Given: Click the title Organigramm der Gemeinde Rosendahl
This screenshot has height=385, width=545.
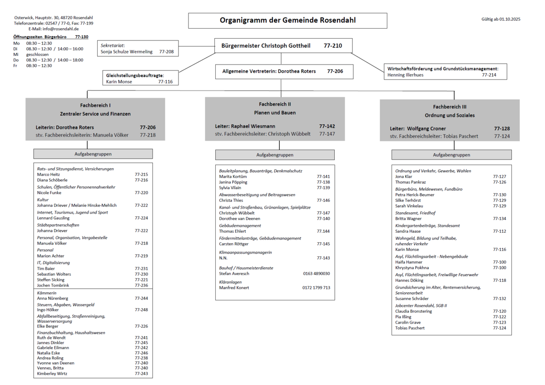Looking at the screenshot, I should (x=287, y=20).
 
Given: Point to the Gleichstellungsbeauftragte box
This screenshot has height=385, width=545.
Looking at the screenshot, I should (x=140, y=78).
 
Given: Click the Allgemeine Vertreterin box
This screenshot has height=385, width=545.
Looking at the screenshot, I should (x=284, y=71).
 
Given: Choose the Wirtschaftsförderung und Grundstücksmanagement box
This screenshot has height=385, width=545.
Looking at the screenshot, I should (x=445, y=71).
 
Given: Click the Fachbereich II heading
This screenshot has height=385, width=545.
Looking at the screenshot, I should (x=275, y=104).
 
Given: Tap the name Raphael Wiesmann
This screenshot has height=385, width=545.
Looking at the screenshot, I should (x=253, y=126).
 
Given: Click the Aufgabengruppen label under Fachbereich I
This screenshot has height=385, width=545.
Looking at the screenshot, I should (x=93, y=154).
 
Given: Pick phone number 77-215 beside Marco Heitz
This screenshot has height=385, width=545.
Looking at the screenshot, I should (x=141, y=175).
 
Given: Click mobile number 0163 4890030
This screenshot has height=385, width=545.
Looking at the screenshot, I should (x=316, y=274).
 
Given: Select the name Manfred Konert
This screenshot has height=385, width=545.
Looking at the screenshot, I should (x=234, y=288).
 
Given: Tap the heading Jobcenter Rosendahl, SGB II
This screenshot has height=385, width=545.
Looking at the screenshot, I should (x=421, y=305).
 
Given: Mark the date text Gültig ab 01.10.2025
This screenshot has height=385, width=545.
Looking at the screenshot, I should (x=501, y=19).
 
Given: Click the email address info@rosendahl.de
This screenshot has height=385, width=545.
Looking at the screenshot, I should (x=61, y=29).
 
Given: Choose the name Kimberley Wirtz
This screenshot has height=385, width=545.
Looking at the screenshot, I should (x=52, y=374).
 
